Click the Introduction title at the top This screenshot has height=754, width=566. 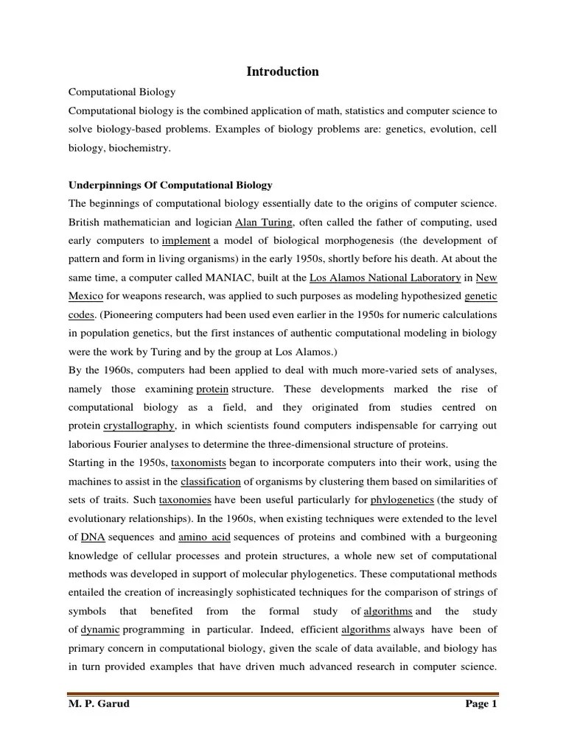(x=282, y=71)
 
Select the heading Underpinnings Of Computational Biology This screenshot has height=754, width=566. (x=170, y=184)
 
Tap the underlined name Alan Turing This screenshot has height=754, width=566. (x=264, y=222)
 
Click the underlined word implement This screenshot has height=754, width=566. (x=186, y=241)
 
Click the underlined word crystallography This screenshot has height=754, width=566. (x=139, y=426)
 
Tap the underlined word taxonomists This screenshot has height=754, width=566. (x=199, y=463)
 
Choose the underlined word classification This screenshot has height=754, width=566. (x=211, y=482)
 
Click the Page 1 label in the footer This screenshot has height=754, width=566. (x=481, y=704)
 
